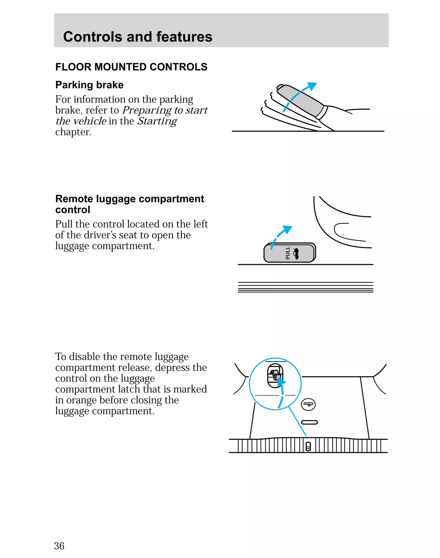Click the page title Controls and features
click(137, 37)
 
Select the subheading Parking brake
click(89, 85)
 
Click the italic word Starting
click(157, 121)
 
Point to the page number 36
click(59, 546)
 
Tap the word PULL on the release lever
click(288, 253)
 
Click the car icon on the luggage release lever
click(296, 253)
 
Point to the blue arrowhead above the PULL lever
click(287, 229)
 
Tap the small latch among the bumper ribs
click(308, 447)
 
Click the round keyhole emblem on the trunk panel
click(308, 404)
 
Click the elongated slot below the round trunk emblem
click(309, 422)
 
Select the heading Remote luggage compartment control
click(130, 204)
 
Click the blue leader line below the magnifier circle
click(298, 421)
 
